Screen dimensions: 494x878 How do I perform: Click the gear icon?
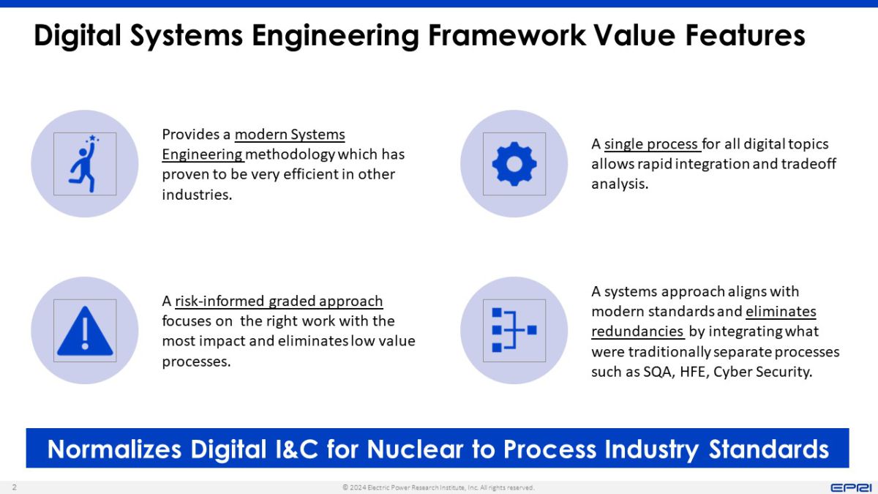[514, 163]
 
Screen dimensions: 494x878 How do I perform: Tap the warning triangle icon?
[85, 331]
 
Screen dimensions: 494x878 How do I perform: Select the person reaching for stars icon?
[85, 163]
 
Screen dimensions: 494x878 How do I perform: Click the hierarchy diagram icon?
[514, 331]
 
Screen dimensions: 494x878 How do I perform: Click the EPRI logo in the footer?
[849, 487]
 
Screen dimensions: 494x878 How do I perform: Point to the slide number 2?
[14, 487]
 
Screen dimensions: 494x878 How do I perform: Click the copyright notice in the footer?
[438, 487]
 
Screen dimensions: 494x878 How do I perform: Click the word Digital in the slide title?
[79, 36]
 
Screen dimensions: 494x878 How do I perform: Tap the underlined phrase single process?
[652, 144]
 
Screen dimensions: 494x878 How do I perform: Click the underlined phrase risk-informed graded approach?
[279, 302]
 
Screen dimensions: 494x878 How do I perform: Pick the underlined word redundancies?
[637, 332]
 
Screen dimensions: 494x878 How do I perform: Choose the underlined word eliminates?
[781, 312]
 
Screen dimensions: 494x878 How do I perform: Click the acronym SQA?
[656, 372]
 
